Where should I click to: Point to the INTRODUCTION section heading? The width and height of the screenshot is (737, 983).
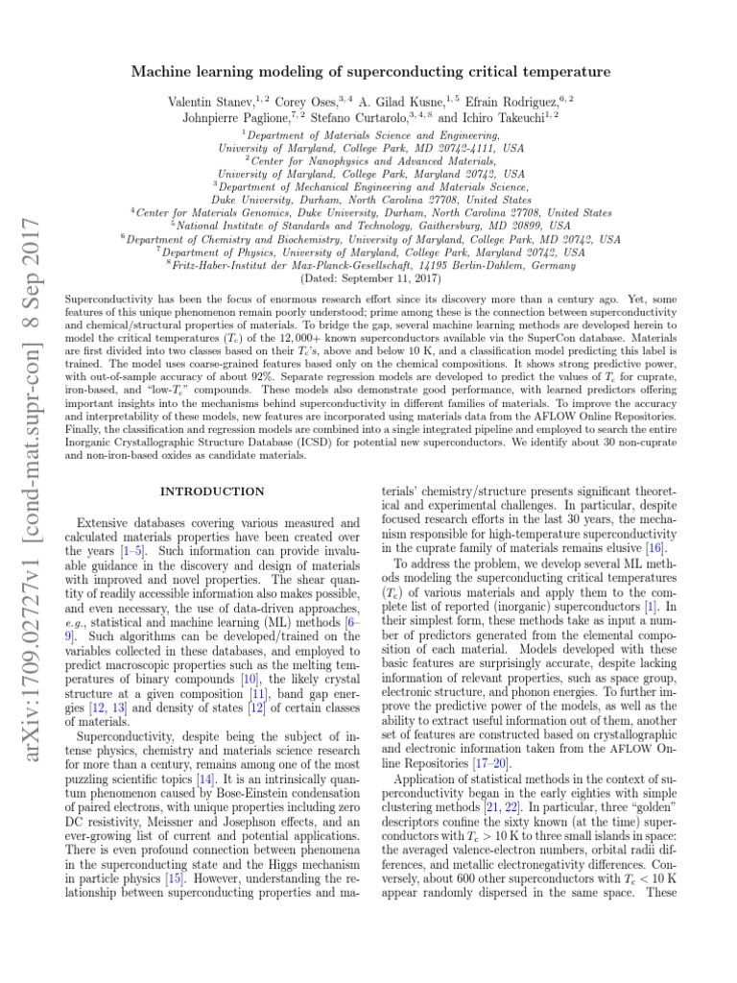click(212, 491)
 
